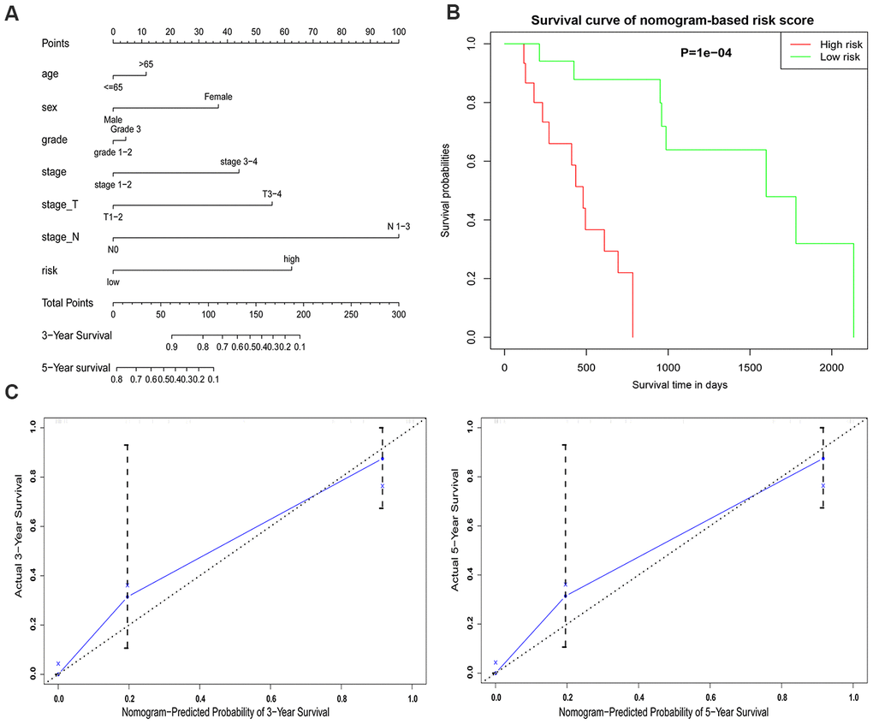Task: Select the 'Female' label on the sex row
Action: [217, 97]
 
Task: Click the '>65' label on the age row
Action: [145, 63]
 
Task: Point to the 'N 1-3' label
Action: [398, 227]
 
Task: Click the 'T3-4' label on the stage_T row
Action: [271, 194]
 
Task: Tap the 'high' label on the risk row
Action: [292, 259]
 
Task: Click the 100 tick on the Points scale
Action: [398, 31]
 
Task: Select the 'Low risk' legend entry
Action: [835, 56]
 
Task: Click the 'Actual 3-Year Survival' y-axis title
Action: [18, 547]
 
